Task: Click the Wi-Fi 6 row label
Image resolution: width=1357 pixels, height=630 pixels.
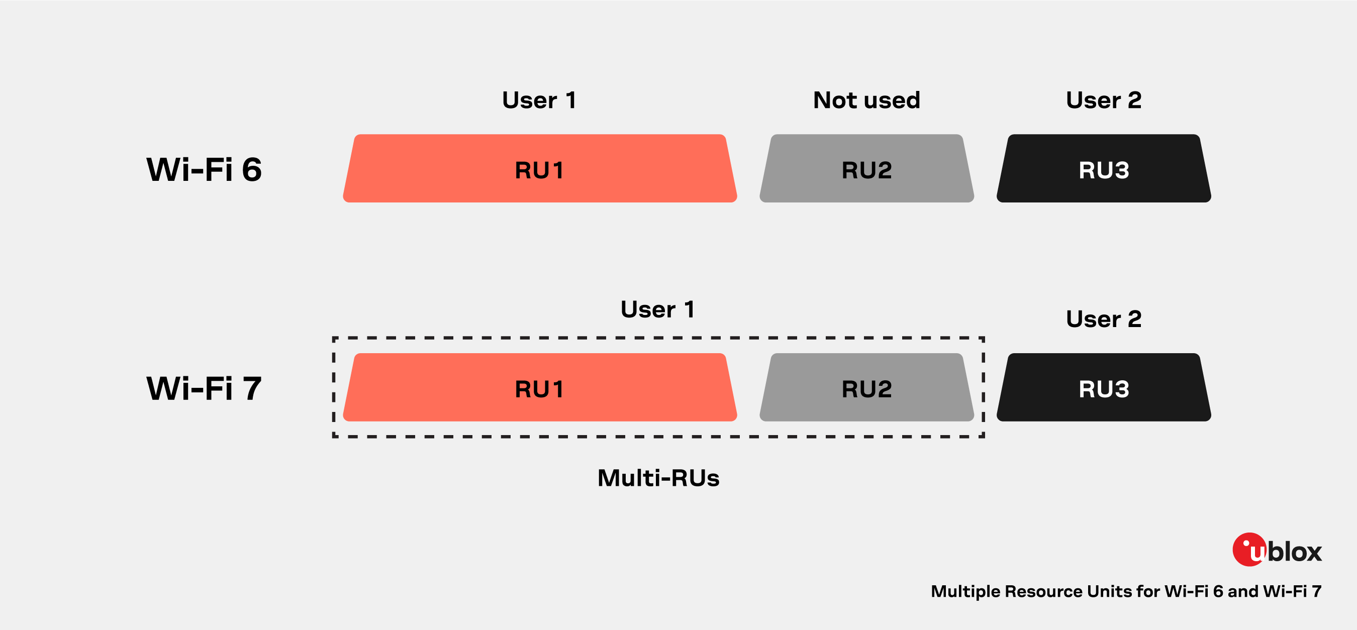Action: pyautogui.click(x=204, y=170)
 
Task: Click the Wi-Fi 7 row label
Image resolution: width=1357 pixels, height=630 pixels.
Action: pyautogui.click(x=204, y=389)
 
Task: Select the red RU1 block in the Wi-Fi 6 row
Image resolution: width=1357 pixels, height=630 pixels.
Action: pyautogui.click(x=539, y=169)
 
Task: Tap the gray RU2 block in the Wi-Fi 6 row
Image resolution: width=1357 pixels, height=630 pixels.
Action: pyautogui.click(x=866, y=169)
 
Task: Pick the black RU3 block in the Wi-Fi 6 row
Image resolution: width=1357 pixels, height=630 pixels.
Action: pyautogui.click(x=1104, y=169)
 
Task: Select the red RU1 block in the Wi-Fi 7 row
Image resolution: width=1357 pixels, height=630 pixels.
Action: pyautogui.click(x=539, y=388)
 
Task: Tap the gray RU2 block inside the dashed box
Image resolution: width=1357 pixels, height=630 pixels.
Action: pyautogui.click(x=866, y=388)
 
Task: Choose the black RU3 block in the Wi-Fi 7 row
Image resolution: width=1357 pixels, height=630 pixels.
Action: pyautogui.click(x=1104, y=388)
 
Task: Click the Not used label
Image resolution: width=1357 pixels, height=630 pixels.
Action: pyautogui.click(x=866, y=100)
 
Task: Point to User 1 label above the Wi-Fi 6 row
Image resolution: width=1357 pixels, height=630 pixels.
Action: pyautogui.click(x=539, y=100)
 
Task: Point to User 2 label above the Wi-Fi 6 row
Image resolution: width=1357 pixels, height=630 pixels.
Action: pyautogui.click(x=1104, y=100)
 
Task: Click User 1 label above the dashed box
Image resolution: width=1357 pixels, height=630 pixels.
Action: pyautogui.click(x=658, y=309)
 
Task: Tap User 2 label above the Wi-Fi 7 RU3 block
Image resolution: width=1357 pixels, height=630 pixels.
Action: pyautogui.click(x=1104, y=319)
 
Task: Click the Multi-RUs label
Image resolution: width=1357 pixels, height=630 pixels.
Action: pyautogui.click(x=658, y=478)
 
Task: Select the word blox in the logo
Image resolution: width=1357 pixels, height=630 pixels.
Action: pyautogui.click(x=1295, y=552)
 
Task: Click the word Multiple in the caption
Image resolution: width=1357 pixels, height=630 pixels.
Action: pyautogui.click(x=965, y=591)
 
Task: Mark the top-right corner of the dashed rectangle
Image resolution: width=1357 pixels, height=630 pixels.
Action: pyautogui.click(x=983, y=338)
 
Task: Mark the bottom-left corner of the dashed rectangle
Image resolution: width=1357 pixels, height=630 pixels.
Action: pyautogui.click(x=334, y=436)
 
